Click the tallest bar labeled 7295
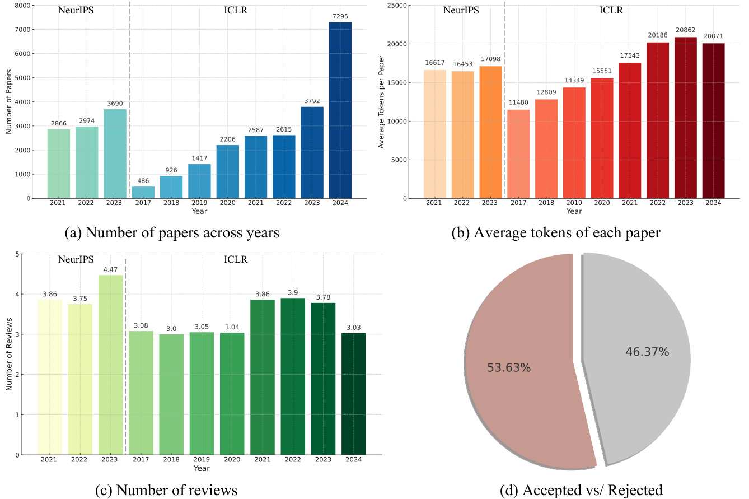pos(340,110)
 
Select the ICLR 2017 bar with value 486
pos(143,192)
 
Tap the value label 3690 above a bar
pos(115,104)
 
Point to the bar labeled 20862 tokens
pos(686,118)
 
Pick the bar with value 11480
pos(518,154)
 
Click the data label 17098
pos(490,59)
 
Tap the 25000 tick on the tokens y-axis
pos(397,6)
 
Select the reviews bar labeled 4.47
pos(111,365)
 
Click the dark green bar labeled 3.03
pos(353,394)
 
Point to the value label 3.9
pos(293,293)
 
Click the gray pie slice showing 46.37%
pos(635,358)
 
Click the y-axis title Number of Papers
pos(9,102)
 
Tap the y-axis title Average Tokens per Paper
pos(381,102)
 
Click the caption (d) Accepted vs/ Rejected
pos(581,490)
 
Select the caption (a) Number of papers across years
pos(172,232)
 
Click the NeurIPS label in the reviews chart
pos(76,259)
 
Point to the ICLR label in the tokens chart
pos(611,10)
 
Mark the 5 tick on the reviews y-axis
pos(17,254)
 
